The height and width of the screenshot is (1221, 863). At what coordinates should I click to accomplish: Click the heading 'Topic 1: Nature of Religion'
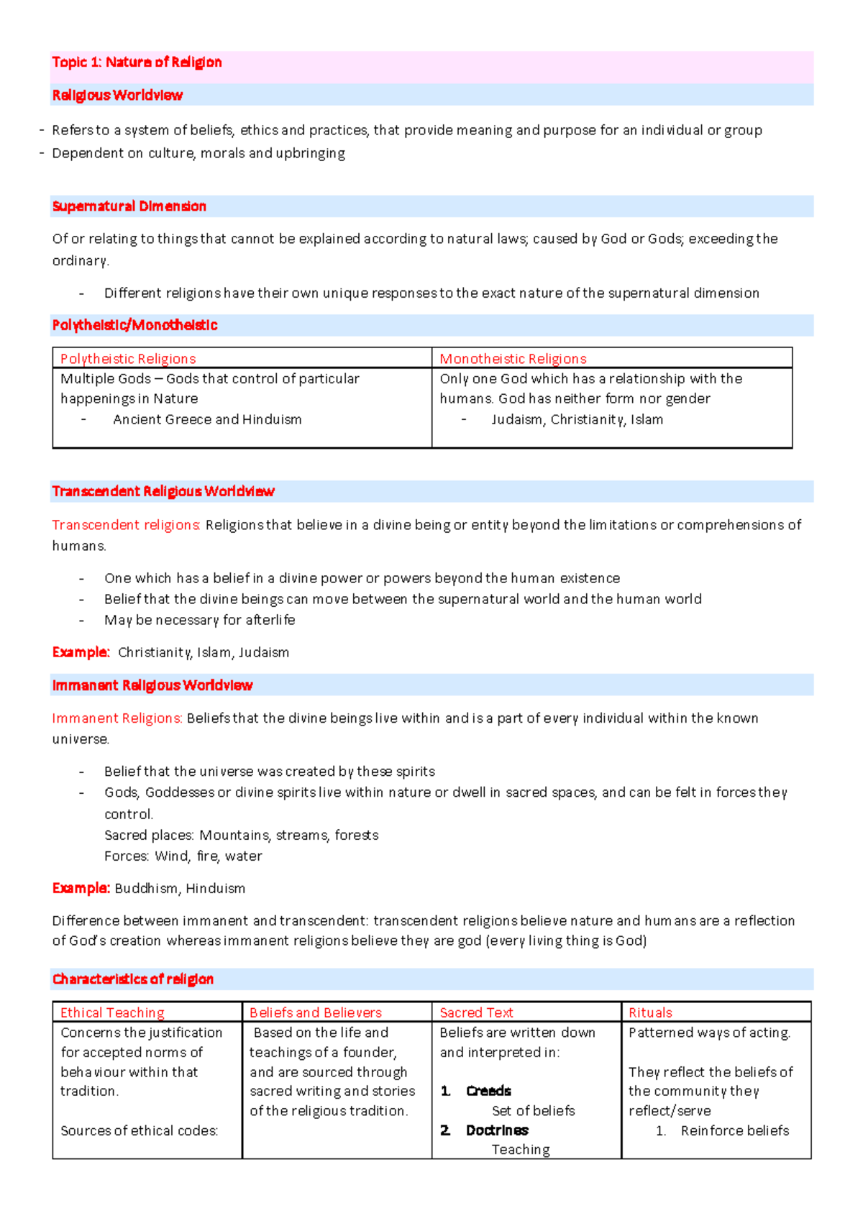pyautogui.click(x=137, y=63)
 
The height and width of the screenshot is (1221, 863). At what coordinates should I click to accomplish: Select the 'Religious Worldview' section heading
pyautogui.click(x=117, y=96)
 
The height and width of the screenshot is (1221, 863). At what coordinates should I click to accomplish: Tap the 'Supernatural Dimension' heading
pyautogui.click(x=129, y=206)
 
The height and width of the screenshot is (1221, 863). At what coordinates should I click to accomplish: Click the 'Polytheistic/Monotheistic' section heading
pyautogui.click(x=134, y=326)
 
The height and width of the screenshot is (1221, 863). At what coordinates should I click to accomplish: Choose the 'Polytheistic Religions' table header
pyautogui.click(x=128, y=359)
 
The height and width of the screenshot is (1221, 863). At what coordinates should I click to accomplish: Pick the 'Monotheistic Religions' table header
pyautogui.click(x=513, y=359)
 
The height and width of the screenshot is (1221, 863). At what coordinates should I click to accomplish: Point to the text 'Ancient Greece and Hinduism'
pyautogui.click(x=207, y=420)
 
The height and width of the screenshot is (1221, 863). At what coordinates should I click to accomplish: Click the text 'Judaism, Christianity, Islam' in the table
pyautogui.click(x=577, y=420)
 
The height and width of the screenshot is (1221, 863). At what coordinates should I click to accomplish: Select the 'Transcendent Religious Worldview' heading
pyautogui.click(x=163, y=492)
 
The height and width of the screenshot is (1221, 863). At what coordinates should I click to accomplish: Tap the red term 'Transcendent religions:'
pyautogui.click(x=126, y=526)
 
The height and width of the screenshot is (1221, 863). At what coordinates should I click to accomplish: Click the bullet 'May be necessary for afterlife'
pyautogui.click(x=199, y=620)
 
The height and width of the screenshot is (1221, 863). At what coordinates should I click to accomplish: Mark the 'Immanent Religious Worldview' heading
pyautogui.click(x=152, y=686)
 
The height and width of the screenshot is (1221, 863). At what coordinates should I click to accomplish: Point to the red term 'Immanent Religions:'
pyautogui.click(x=117, y=718)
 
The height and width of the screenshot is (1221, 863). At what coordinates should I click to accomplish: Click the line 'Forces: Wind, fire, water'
pyautogui.click(x=183, y=856)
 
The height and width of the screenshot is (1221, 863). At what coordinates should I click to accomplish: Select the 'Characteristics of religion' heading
pyautogui.click(x=133, y=979)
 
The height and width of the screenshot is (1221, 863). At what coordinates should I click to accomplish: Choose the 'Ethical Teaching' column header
pyautogui.click(x=112, y=1013)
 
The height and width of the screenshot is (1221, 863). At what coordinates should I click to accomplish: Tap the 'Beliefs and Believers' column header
pyautogui.click(x=315, y=1013)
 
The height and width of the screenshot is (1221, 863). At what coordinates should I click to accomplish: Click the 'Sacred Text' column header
pyautogui.click(x=476, y=1013)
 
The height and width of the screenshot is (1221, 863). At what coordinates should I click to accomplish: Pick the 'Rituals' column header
pyautogui.click(x=650, y=1013)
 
